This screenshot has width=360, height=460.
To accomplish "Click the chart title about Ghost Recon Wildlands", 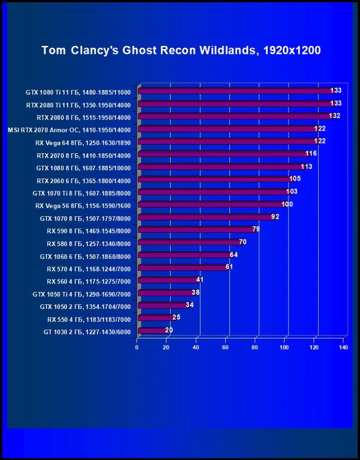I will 181,50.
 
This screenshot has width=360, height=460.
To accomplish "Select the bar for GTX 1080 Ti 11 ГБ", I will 237,91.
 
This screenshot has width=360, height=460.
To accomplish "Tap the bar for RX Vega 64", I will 227,142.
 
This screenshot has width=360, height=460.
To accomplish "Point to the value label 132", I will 334,116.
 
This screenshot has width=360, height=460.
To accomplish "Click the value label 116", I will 311,154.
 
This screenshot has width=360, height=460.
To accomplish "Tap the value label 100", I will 287,204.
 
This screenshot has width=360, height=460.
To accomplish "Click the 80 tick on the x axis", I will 255,348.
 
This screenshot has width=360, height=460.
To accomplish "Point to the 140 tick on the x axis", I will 343,348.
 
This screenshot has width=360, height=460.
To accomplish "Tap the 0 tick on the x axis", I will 137,348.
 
